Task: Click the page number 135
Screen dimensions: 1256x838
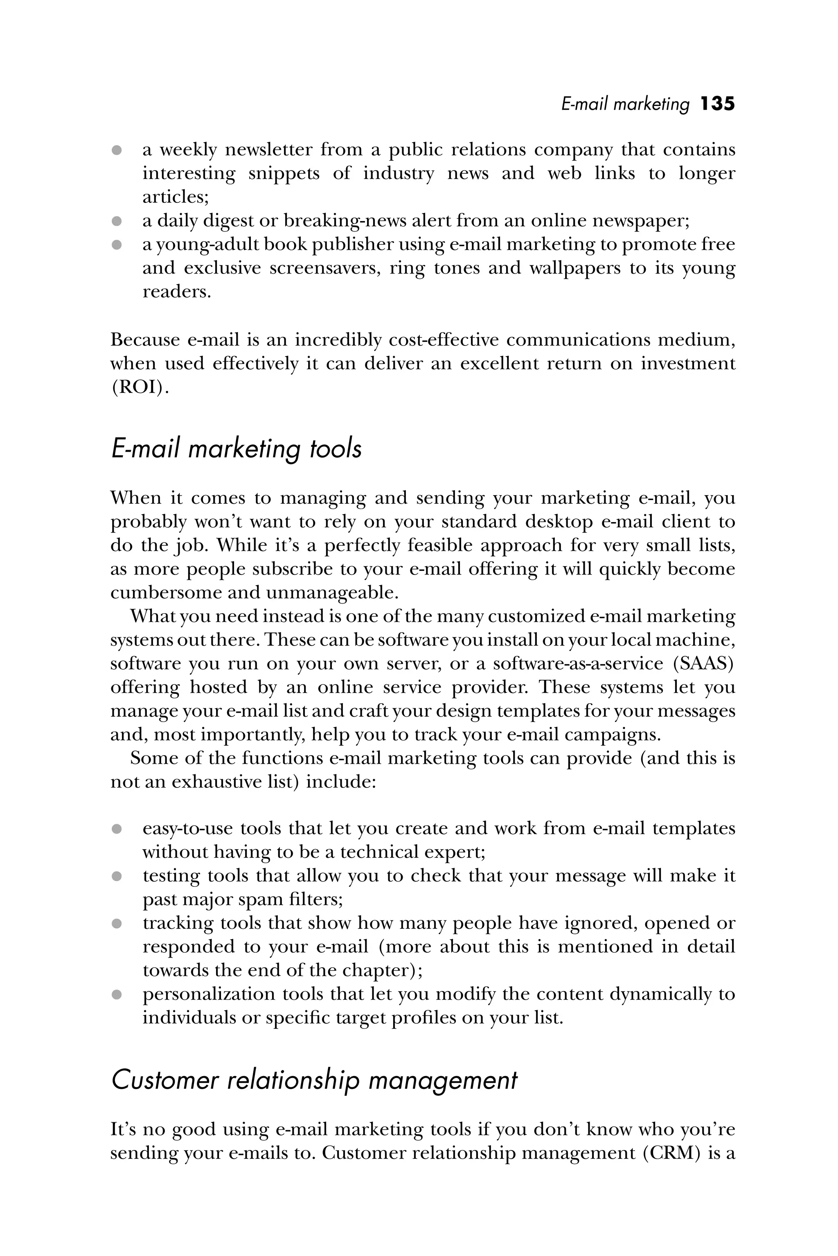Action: pos(717,103)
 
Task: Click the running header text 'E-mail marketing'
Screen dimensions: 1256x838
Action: pos(625,104)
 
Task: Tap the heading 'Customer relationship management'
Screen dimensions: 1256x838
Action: pos(314,1080)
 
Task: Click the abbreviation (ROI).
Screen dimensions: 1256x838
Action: pos(139,387)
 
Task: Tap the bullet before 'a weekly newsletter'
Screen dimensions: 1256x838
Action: pos(117,150)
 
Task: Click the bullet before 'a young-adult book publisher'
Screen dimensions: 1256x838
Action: pos(117,244)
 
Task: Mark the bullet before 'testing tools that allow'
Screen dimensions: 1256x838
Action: pos(117,876)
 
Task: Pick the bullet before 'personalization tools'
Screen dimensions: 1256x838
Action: pos(117,995)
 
